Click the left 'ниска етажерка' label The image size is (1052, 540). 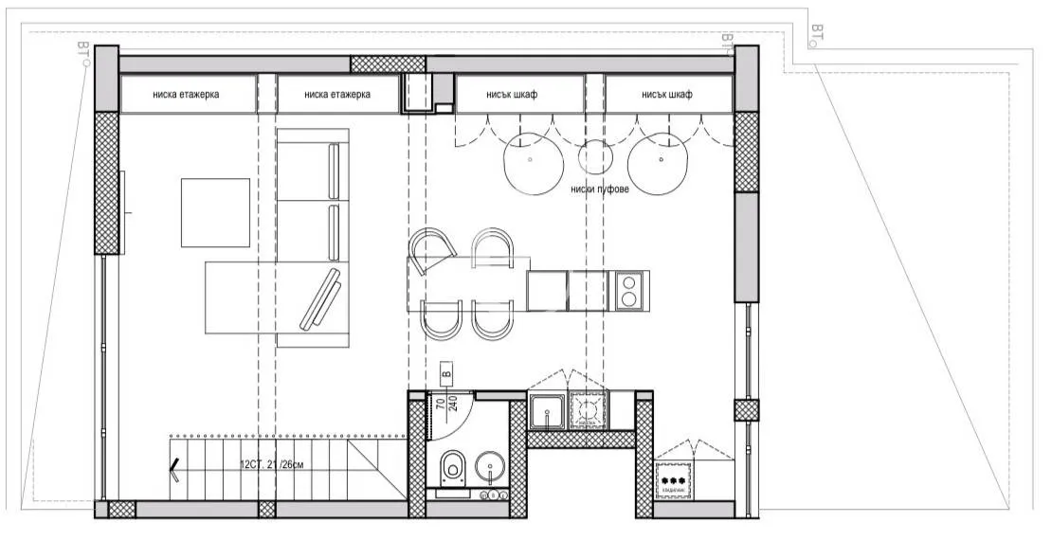pyautogui.click(x=189, y=95)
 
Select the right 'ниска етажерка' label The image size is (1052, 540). pyautogui.click(x=338, y=95)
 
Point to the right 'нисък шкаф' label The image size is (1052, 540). pyautogui.click(x=666, y=95)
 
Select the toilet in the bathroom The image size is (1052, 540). pyautogui.click(x=452, y=465)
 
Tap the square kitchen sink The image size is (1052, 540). pyautogui.click(x=549, y=413)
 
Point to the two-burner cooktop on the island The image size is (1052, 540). pyautogui.click(x=629, y=290)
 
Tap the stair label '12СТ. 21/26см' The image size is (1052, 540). pyautogui.click(x=272, y=465)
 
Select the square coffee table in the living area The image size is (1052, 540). pyautogui.click(x=215, y=212)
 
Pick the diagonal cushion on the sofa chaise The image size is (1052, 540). pyautogui.click(x=320, y=298)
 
